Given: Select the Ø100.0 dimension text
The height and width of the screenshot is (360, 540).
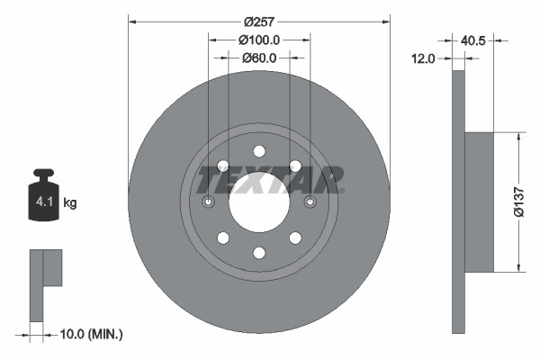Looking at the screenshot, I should (x=259, y=40).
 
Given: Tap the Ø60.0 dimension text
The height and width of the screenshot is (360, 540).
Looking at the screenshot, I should (x=259, y=58).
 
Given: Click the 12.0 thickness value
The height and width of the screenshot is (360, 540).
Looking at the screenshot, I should (x=423, y=58).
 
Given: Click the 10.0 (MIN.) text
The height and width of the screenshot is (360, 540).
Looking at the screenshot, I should (x=92, y=334).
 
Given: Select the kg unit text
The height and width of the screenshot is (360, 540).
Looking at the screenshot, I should (x=70, y=203).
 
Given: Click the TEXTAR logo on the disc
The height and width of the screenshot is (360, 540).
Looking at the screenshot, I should (x=269, y=179).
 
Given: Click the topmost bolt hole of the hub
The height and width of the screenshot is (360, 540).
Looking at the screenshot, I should (x=258, y=150).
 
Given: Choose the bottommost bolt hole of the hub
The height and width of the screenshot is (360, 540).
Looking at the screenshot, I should (x=258, y=252).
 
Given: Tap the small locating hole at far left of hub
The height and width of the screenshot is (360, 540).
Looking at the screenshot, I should (x=209, y=202).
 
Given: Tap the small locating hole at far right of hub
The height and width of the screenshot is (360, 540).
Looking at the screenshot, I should (x=310, y=202).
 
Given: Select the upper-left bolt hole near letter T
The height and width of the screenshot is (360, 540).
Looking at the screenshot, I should (x=222, y=165).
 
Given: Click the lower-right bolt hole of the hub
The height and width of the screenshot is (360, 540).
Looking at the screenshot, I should (x=294, y=238).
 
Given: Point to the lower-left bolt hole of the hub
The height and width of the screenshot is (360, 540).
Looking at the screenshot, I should (x=222, y=238).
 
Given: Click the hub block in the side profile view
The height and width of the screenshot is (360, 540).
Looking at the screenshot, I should (x=480, y=201).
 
